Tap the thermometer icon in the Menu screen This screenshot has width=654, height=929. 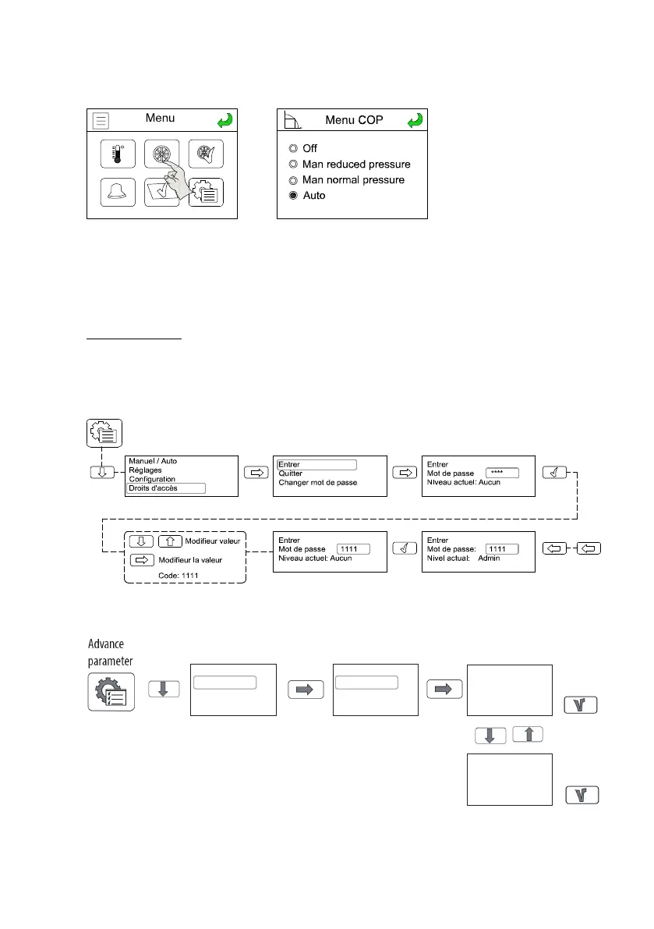(118, 153)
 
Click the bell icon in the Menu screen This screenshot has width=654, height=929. (117, 192)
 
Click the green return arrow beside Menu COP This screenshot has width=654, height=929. (416, 120)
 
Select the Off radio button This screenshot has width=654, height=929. (293, 148)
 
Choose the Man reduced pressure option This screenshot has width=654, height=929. (293, 165)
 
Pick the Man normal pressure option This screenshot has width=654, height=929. (293, 180)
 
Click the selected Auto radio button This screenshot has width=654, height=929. (293, 196)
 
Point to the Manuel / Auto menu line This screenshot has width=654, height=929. (153, 461)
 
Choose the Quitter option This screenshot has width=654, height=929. (290, 473)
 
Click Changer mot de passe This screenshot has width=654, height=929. (317, 483)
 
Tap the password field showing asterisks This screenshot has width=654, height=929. (502, 473)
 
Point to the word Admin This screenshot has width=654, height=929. (489, 558)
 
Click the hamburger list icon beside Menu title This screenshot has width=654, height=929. (101, 120)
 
